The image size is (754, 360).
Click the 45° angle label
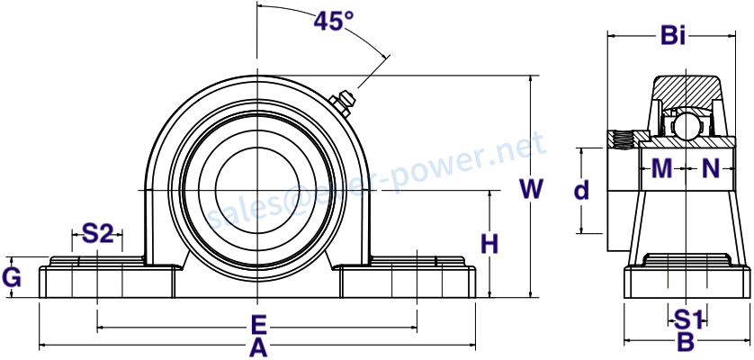334,21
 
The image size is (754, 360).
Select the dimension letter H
490,245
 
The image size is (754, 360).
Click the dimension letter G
12,278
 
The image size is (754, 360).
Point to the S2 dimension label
97,234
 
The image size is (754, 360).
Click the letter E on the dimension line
259,326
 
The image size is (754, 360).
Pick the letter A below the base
258,347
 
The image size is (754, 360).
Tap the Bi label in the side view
673,36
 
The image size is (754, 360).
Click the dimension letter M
661,168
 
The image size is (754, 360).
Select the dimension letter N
711,168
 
